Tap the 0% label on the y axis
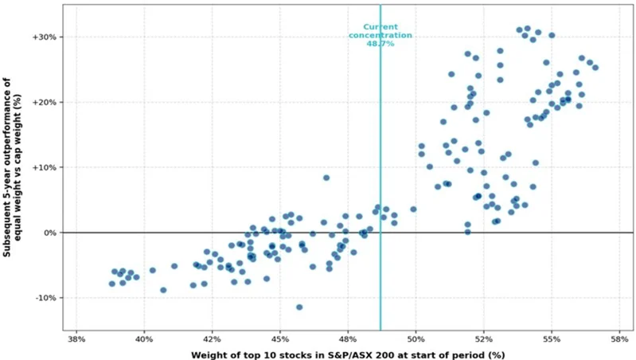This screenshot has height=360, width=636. point(50,233)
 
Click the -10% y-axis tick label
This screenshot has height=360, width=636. point(45,298)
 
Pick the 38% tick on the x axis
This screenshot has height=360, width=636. point(76,339)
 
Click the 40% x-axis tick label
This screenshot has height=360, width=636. point(144,339)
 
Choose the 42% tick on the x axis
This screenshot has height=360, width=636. point(212,339)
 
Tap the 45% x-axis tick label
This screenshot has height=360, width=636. point(279,339)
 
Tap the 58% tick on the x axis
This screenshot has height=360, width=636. point(618,339)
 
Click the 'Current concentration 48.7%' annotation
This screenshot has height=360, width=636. point(380,35)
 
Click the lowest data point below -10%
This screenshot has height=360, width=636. point(299,307)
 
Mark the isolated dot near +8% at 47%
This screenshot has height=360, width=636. point(326,178)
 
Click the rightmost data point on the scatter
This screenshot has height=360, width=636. point(595,68)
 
